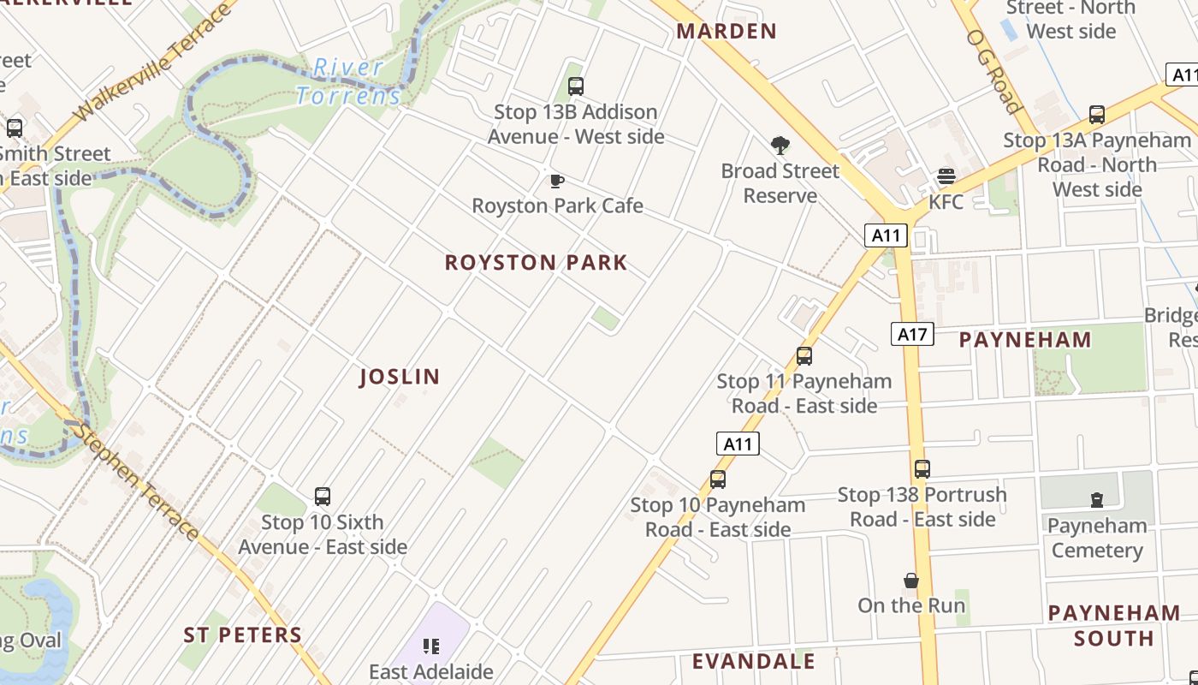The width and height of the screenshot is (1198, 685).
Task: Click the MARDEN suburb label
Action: point(727,32)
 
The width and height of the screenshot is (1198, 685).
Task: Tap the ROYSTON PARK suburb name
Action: point(537,263)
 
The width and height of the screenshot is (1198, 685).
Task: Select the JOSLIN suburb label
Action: point(400,377)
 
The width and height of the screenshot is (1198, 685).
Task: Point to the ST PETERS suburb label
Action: point(243,635)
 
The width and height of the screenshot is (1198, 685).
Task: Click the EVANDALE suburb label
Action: point(754,662)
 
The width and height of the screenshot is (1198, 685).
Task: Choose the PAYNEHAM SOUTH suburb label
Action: point(1114,626)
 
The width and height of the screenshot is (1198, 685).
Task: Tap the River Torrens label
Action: point(348,81)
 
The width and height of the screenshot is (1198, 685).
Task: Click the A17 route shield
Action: point(912,334)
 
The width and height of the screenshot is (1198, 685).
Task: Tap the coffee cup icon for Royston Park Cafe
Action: point(556,181)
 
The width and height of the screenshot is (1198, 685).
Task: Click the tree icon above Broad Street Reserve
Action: point(780,146)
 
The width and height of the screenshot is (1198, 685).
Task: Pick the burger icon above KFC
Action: point(946,176)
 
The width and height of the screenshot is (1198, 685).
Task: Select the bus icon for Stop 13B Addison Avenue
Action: point(576,86)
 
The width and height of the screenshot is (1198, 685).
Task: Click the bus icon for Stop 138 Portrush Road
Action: point(922,469)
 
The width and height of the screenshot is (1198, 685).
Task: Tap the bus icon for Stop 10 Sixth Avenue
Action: point(322,497)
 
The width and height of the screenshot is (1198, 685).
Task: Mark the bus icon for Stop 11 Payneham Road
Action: point(804,356)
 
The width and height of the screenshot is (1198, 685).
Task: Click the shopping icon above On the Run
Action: point(911,581)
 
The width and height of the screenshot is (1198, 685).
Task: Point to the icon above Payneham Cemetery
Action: point(1097,500)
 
